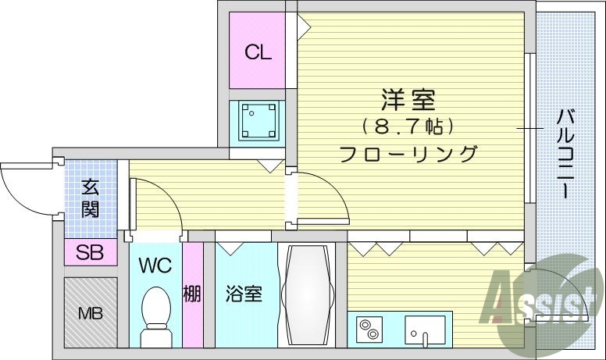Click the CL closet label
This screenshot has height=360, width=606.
click(x=257, y=53)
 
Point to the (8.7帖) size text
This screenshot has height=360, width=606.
click(x=408, y=125)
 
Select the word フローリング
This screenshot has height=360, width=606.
click(x=408, y=153)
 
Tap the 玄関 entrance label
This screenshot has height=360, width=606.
click(x=90, y=198)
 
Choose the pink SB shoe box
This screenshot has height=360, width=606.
click(x=89, y=251)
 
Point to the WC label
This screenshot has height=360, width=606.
click(x=156, y=265)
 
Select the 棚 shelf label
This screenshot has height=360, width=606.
click(x=192, y=294)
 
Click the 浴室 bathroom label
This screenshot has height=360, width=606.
click(x=243, y=294)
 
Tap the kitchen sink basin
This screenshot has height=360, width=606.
click(x=425, y=331)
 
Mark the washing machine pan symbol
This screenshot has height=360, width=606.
click(x=257, y=121)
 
